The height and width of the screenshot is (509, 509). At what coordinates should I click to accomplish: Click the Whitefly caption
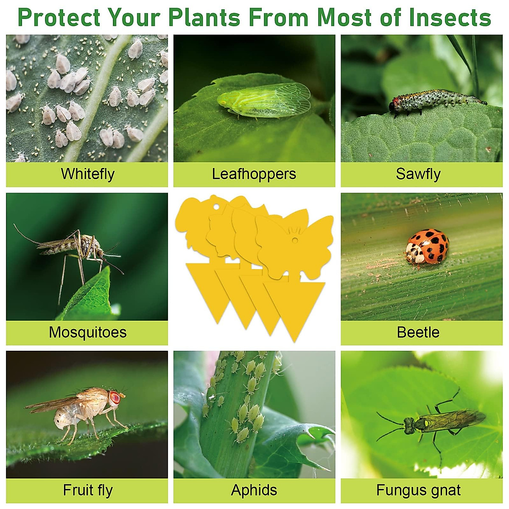coord(88,174)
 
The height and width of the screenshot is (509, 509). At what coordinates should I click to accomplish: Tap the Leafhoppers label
coord(254,174)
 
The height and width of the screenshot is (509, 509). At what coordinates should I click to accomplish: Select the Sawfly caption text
coord(418,174)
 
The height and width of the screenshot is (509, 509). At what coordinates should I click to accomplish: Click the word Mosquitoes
coord(88,332)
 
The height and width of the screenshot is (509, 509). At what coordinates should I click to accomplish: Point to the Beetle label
coord(418,332)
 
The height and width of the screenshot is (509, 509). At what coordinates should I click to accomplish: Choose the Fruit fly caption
coord(88,490)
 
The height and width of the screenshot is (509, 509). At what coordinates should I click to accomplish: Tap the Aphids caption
coord(254,490)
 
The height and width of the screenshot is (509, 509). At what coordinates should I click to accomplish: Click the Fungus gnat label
coord(418,490)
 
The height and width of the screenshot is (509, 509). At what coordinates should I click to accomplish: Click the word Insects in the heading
coord(450,17)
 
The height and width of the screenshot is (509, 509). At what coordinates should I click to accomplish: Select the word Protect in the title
coord(59,17)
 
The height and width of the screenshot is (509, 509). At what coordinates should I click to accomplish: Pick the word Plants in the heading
coord(204,17)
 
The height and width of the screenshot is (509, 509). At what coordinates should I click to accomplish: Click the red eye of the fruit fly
coord(115,398)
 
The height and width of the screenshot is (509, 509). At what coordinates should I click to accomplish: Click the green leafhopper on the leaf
coord(263,101)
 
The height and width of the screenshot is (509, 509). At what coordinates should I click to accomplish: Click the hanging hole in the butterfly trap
coord(295,240)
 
